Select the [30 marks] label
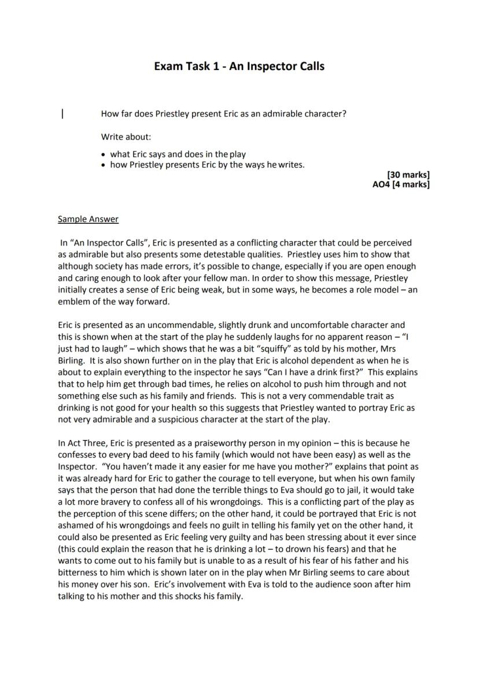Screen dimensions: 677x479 click(408, 175)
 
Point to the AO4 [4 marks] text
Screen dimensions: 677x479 click(401, 185)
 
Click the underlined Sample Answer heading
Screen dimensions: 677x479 click(88, 219)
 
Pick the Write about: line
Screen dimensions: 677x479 click(126, 137)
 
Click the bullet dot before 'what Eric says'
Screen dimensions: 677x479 click(103, 155)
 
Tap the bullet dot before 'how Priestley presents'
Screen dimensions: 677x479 click(103, 165)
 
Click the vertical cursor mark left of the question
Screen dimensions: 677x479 click(62, 114)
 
